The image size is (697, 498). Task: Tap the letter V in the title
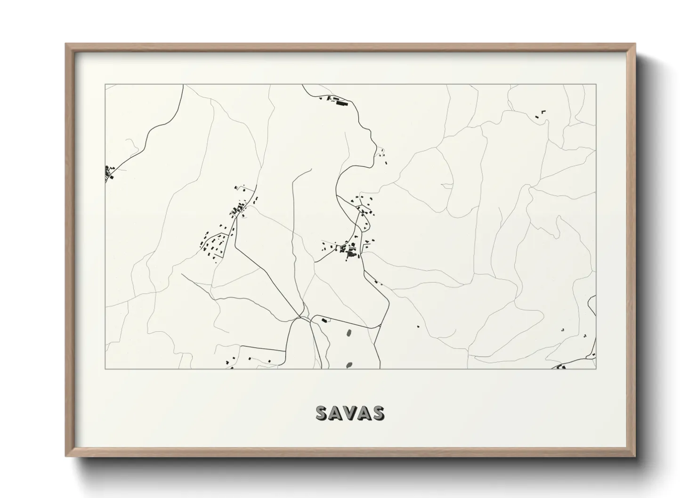pyautogui.click(x=349, y=413)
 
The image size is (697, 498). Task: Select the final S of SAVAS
pyautogui.click(x=377, y=413)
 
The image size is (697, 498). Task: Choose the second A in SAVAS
pyautogui.click(x=364, y=413)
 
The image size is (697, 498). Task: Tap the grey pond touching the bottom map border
pyautogui.click(x=349, y=365)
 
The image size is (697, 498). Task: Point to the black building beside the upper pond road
pyautogui.click(x=324, y=321)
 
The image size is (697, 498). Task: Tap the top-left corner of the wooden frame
pyautogui.click(x=65, y=44)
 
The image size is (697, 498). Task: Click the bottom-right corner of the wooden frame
pyautogui.click(x=636, y=457)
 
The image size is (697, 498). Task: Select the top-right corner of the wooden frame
pyautogui.click(x=636, y=44)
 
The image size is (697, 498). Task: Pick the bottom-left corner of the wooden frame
pyautogui.click(x=65, y=457)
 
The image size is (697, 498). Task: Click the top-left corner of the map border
pyautogui.click(x=105, y=85)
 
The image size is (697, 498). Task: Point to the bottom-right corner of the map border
pyautogui.click(x=596, y=369)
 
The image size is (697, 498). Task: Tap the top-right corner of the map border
pyautogui.click(x=596, y=85)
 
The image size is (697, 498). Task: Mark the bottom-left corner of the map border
pyautogui.click(x=105, y=369)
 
